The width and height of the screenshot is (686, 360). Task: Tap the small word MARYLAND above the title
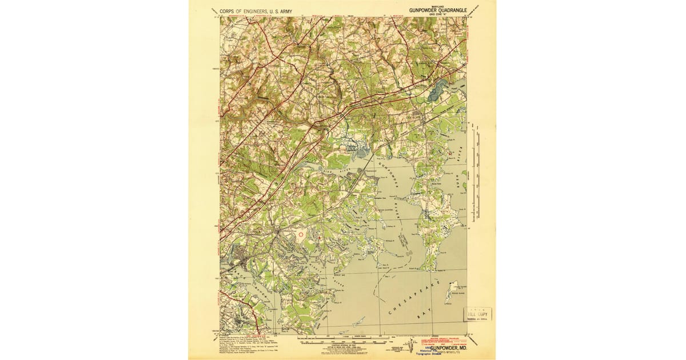(x=437, y=5)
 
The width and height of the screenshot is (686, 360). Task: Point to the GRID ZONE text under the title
(x=437, y=14)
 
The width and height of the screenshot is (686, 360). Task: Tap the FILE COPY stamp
(x=477, y=314)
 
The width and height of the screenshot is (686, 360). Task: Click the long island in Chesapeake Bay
(x=452, y=291)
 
